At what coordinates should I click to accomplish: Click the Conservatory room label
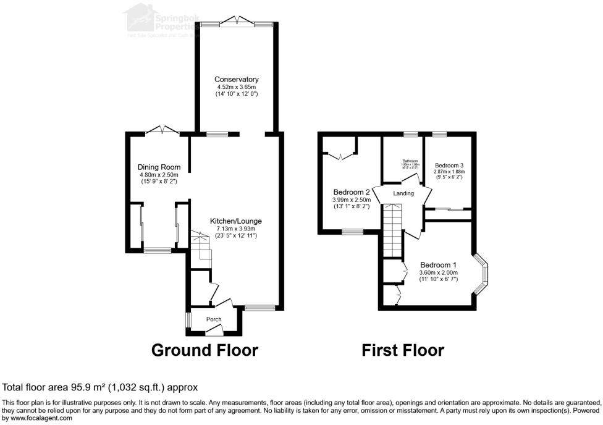point(236,80)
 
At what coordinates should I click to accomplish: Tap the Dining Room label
point(159,167)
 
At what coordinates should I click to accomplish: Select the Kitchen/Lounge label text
point(235,221)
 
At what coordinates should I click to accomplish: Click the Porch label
point(214,319)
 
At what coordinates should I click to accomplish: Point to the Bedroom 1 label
point(439,265)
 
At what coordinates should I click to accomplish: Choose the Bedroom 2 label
point(352,191)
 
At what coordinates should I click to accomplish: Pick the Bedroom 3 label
point(449,166)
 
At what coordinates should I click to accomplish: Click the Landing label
point(403,193)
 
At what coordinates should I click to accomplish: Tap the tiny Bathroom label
point(407,161)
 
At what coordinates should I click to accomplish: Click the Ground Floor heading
point(205,350)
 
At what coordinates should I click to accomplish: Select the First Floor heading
point(403,350)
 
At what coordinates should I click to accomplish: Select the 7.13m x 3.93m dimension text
point(235,229)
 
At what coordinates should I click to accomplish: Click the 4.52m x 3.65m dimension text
point(236,87)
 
